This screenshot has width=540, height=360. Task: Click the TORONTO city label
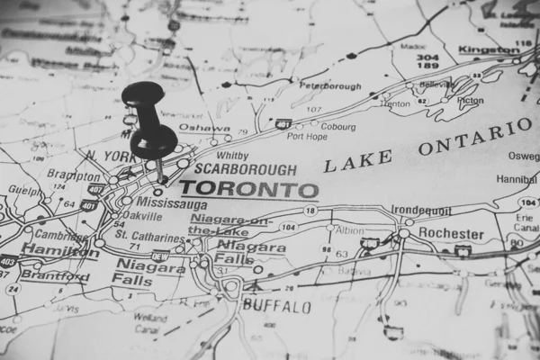click(x=248, y=190)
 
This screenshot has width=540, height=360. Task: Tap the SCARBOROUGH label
click(x=232, y=168)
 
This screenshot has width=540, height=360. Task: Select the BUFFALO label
click(x=276, y=306)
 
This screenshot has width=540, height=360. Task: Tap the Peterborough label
click(x=330, y=87)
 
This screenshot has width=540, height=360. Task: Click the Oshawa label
click(x=203, y=128)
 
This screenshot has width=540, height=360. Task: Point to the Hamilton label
click(x=59, y=249)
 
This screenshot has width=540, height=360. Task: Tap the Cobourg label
click(x=338, y=127)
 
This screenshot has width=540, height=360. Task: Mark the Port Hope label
click(x=307, y=136)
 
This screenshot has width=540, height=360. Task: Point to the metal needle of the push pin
click(x=160, y=171)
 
